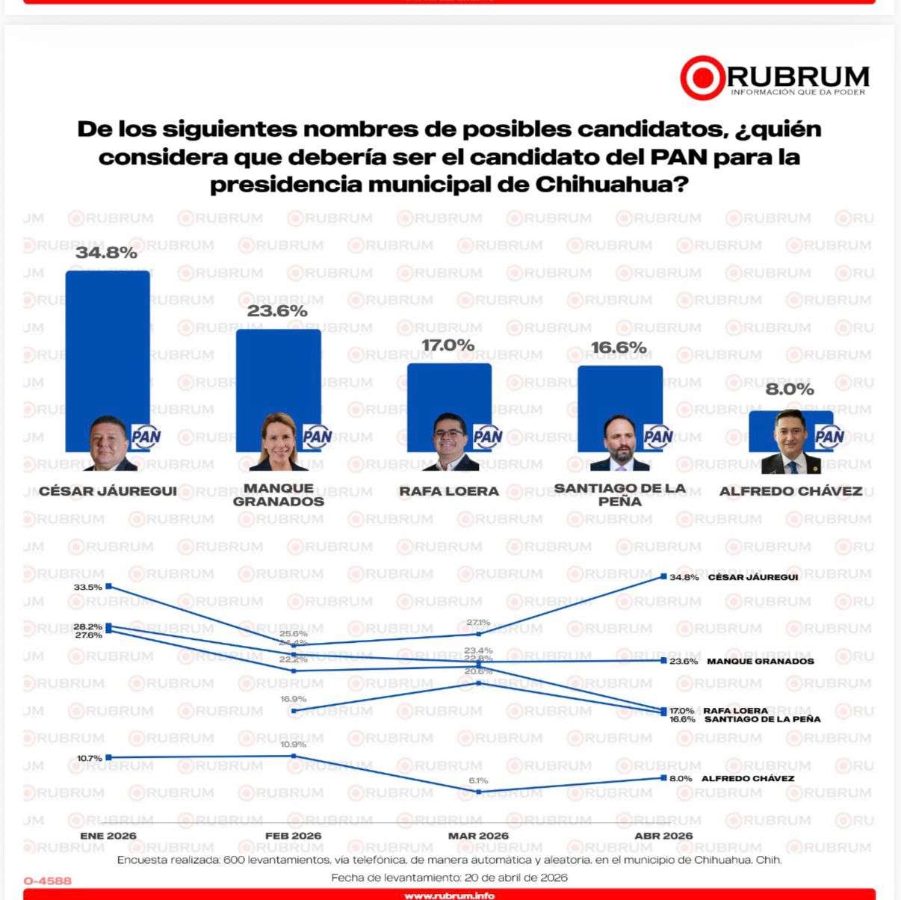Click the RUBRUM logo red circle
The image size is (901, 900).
pyautogui.click(x=702, y=78)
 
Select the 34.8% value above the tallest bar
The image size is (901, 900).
pyautogui.click(x=107, y=253)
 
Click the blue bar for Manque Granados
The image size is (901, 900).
pyautogui.click(x=278, y=374)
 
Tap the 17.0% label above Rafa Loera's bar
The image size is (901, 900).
pyautogui.click(x=448, y=345)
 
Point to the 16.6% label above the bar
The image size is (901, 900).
pyautogui.click(x=619, y=348)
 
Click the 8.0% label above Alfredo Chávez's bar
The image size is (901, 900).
pyautogui.click(x=790, y=389)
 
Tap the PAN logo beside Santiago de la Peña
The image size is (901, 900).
pyautogui.click(x=657, y=437)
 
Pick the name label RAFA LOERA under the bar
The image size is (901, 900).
pyautogui.click(x=448, y=491)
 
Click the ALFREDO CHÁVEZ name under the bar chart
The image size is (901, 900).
pyautogui.click(x=790, y=491)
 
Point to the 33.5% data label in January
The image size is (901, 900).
pyautogui.click(x=87, y=587)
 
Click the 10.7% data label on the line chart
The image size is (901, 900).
pyautogui.click(x=89, y=758)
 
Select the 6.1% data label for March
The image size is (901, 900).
pyautogui.click(x=478, y=780)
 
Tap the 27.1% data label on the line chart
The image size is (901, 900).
pyautogui.click(x=478, y=622)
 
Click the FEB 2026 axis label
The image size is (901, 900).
pyautogui.click(x=294, y=836)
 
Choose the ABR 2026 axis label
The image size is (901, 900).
pyautogui.click(x=663, y=836)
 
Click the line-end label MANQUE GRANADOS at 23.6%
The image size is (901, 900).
pyautogui.click(x=760, y=661)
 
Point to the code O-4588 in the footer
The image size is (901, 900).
pyautogui.click(x=48, y=881)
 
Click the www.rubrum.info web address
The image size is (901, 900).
pyautogui.click(x=449, y=895)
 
